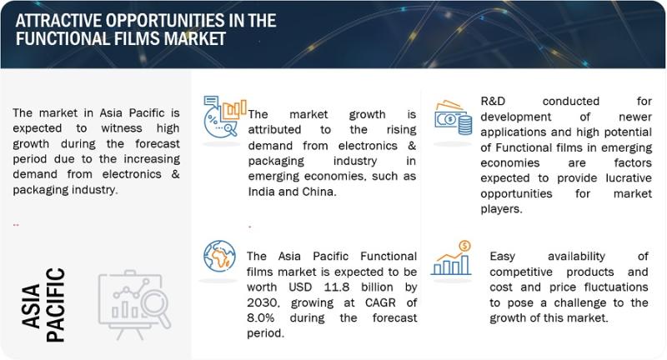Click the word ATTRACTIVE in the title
pyautogui.click(x=58, y=21)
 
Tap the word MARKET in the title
pyautogui.click(x=195, y=38)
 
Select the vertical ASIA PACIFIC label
pyautogui.click(x=43, y=305)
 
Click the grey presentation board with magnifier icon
pyautogui.click(x=134, y=304)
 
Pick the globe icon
pyautogui.click(x=219, y=257)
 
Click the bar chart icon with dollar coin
pyautogui.click(x=452, y=258)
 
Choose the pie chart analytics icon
pyautogui.click(x=224, y=117)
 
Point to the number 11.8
pyautogui.click(x=337, y=287)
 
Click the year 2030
pyautogui.click(x=263, y=303)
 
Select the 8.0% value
pyautogui.click(x=260, y=318)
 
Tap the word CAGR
pyautogui.click(x=380, y=302)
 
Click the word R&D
pyautogui.click(x=493, y=101)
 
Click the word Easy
pyautogui.click(x=502, y=257)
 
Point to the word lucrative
pyautogui.click(x=629, y=178)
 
